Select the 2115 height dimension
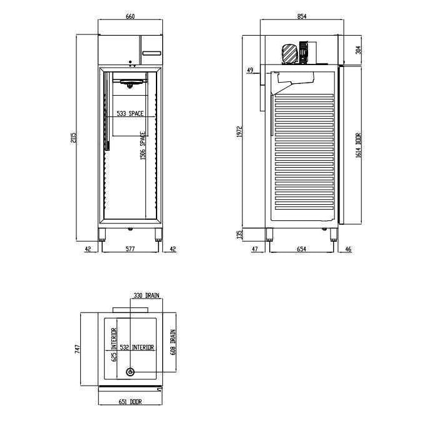73,137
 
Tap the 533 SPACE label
131,114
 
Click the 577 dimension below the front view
131,249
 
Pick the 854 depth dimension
301,18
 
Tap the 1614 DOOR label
358,146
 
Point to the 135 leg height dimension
239,234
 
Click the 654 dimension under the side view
301,249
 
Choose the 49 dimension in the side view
250,70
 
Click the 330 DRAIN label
146,294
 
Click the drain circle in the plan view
130,372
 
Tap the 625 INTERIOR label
114,345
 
